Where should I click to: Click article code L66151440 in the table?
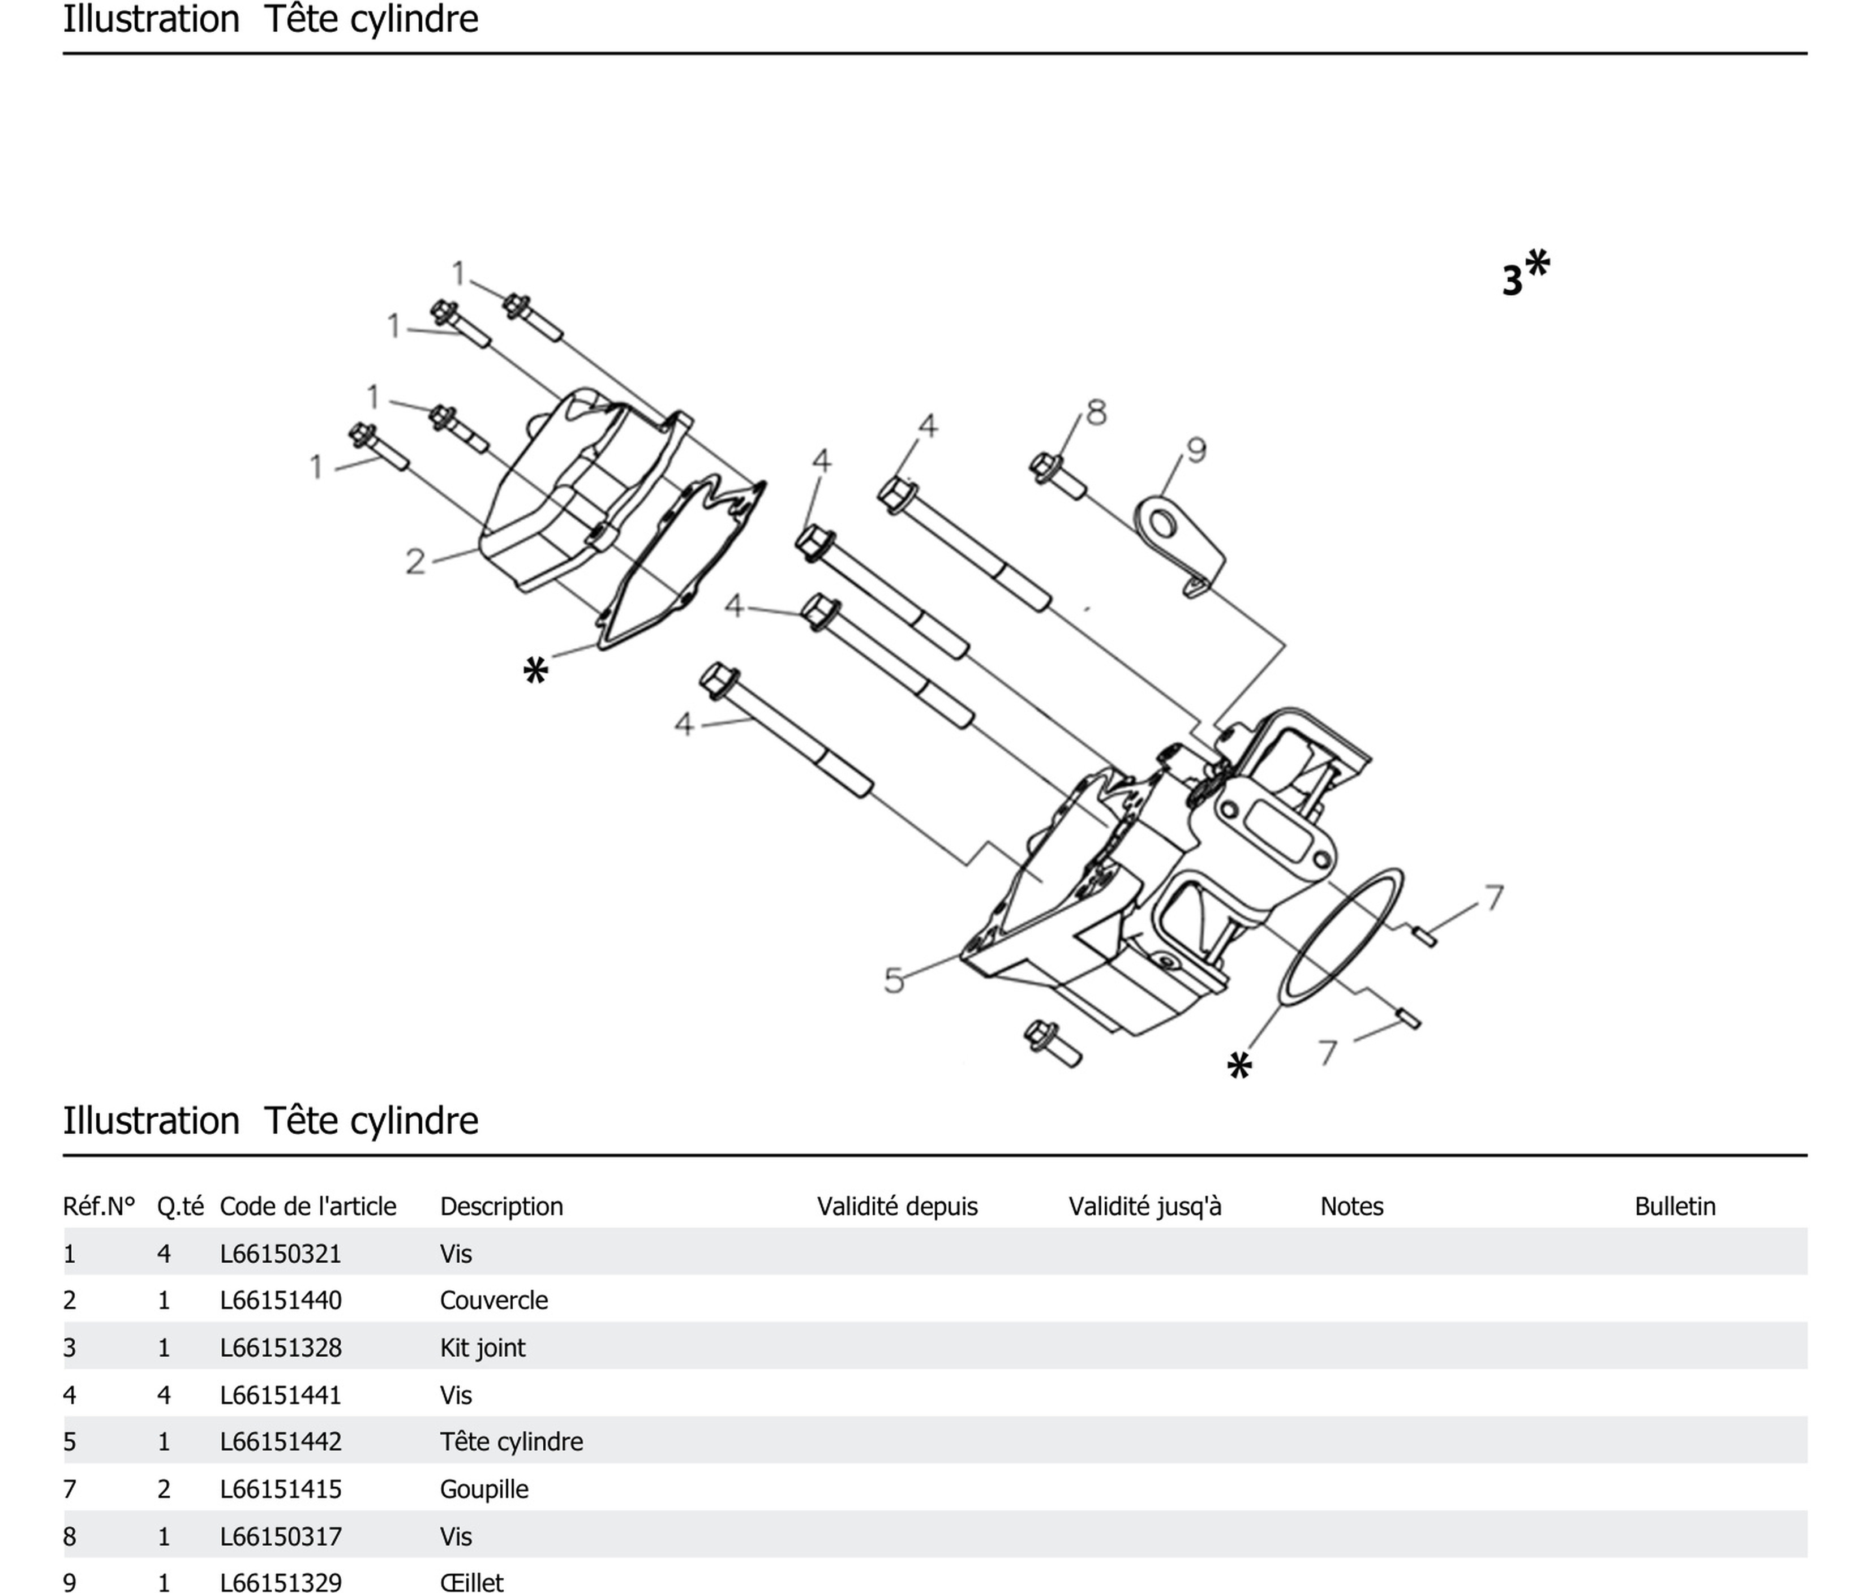(281, 1301)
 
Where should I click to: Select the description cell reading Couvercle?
(494, 1301)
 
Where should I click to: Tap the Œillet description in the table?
(471, 1583)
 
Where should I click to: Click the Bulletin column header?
(1675, 1207)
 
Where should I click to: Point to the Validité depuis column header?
(896, 1207)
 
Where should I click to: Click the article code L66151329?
(281, 1583)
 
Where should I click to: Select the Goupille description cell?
(484, 1489)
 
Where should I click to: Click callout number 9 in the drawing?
(1196, 450)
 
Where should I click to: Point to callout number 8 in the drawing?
(1095, 412)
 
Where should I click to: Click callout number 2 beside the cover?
(414, 561)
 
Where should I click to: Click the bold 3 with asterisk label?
(1524, 273)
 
